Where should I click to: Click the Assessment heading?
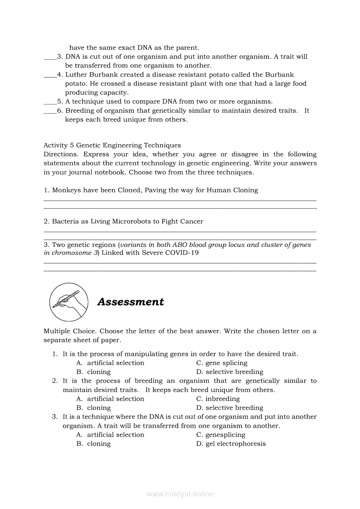(x=130, y=302)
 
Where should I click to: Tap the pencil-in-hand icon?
(x=68, y=301)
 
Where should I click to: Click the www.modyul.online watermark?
(x=180, y=494)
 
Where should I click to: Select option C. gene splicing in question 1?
(x=222, y=363)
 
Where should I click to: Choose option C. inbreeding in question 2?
(x=218, y=398)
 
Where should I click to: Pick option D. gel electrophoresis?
(x=231, y=444)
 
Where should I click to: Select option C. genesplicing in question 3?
(x=221, y=435)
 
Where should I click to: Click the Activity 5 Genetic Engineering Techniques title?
(x=112, y=145)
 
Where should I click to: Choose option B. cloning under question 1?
(x=94, y=372)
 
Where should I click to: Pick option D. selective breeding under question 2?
(x=230, y=408)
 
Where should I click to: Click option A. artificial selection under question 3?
(x=110, y=435)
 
